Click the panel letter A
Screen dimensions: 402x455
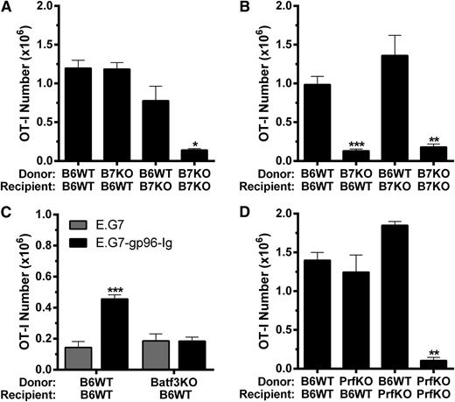click(x=8, y=9)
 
